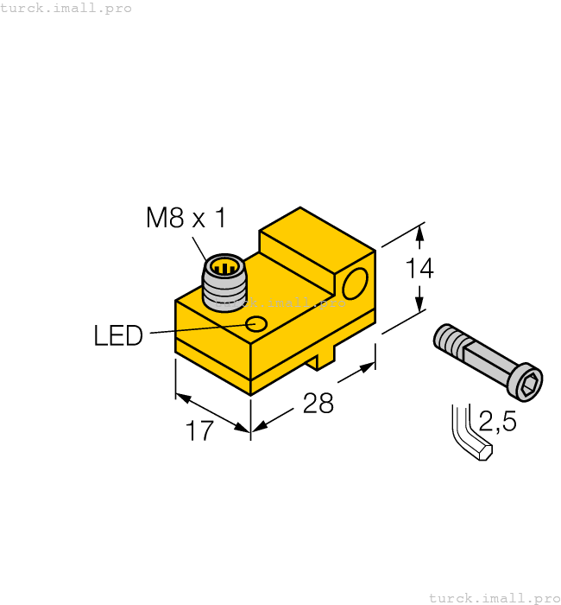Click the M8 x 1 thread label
click(x=186, y=218)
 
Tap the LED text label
click(x=118, y=335)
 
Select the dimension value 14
click(x=419, y=269)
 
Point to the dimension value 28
click(x=318, y=403)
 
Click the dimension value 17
click(x=199, y=430)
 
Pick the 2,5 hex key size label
click(x=497, y=423)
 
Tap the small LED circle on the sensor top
click(x=257, y=324)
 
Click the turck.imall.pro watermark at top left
click(x=66, y=8)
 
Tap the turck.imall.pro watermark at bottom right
click(x=494, y=597)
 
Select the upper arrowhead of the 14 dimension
click(x=419, y=232)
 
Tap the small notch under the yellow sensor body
click(x=325, y=360)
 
